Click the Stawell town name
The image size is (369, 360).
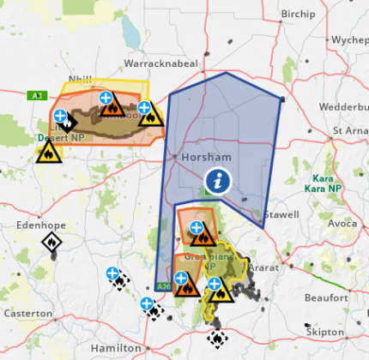pyautogui.click(x=281, y=214)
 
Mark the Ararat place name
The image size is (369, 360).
pyautogui.click(x=270, y=255)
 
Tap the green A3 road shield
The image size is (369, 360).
pyautogui.click(x=36, y=95)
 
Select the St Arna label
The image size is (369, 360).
pyautogui.click(x=349, y=130)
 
